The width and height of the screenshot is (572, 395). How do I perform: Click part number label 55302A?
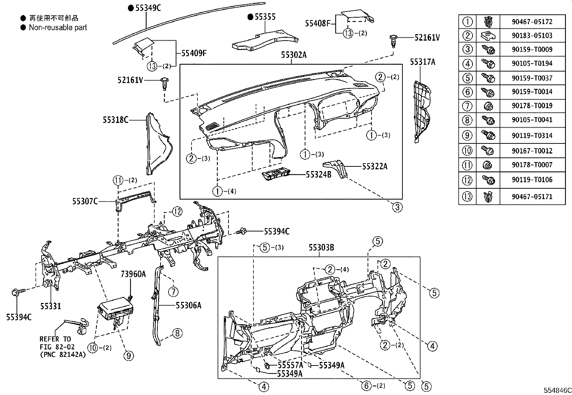294,55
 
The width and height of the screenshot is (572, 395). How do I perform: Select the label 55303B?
321,247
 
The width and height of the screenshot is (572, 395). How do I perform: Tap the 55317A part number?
423,62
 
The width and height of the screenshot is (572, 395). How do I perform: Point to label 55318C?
115,120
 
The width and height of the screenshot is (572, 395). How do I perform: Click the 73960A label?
133,274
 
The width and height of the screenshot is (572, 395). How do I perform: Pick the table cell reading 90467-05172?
532,22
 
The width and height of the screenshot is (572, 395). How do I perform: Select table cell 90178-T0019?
532,106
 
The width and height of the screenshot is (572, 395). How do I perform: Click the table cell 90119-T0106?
532,180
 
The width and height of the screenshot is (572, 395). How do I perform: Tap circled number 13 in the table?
467,197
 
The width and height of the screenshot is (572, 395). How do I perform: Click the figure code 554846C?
557,390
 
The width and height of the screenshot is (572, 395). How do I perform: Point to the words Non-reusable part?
58,27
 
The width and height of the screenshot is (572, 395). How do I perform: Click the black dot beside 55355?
250,17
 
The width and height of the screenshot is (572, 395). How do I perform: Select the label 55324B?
318,175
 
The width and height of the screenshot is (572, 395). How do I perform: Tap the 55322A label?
375,166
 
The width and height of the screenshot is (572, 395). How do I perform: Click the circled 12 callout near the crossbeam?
177,212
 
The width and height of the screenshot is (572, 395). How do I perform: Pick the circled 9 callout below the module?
128,356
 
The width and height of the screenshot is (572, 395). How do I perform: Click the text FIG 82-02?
57,347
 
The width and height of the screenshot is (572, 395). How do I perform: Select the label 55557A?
290,365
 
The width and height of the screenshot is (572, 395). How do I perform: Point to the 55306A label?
189,305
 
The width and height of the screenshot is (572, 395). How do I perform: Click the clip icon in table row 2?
488,36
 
